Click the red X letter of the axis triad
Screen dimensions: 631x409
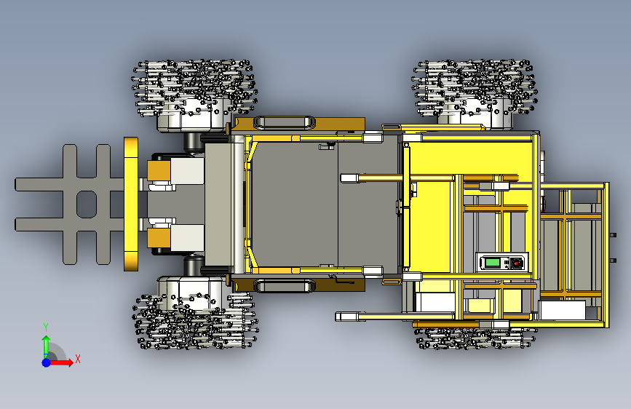pos(78,359)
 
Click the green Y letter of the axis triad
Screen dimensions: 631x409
pos(46,327)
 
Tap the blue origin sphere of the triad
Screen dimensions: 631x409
pos(47,362)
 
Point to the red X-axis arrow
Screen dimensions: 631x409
pos(60,362)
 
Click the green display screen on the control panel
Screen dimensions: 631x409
pos(492,263)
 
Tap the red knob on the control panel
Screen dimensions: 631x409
pos(516,263)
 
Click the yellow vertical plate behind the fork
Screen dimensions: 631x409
pos(131,204)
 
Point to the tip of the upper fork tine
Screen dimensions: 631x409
pos(15,184)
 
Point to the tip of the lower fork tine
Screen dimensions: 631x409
pos(15,225)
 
